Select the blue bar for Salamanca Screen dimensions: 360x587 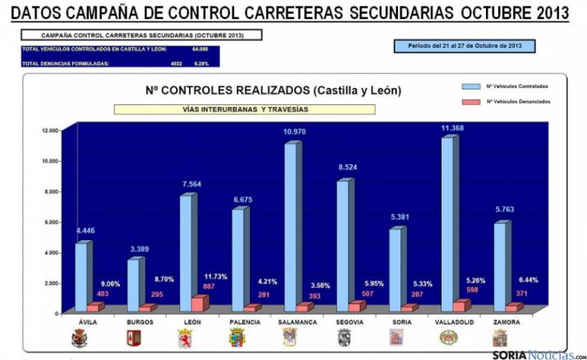289,226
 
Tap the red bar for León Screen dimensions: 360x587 198,303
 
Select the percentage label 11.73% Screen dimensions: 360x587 217,275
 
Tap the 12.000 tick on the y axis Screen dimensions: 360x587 49,131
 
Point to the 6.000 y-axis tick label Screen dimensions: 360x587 51,222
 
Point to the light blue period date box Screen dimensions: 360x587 465,46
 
